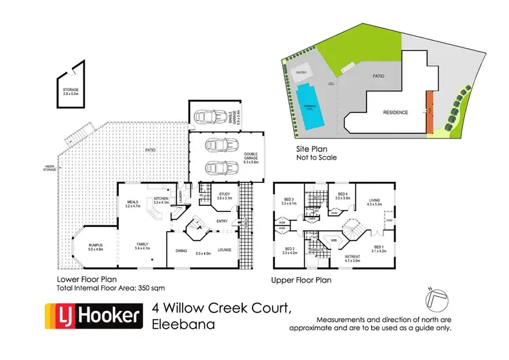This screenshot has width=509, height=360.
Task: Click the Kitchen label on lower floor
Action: (160, 200)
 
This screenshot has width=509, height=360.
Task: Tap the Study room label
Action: (225, 196)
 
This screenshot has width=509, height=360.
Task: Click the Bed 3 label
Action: (290, 201)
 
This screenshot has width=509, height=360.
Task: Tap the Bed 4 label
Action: (343, 196)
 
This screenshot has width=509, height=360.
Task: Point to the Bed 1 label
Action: (378, 249)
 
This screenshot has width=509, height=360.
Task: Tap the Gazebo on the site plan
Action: (300, 71)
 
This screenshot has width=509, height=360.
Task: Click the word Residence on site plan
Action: (396, 112)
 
